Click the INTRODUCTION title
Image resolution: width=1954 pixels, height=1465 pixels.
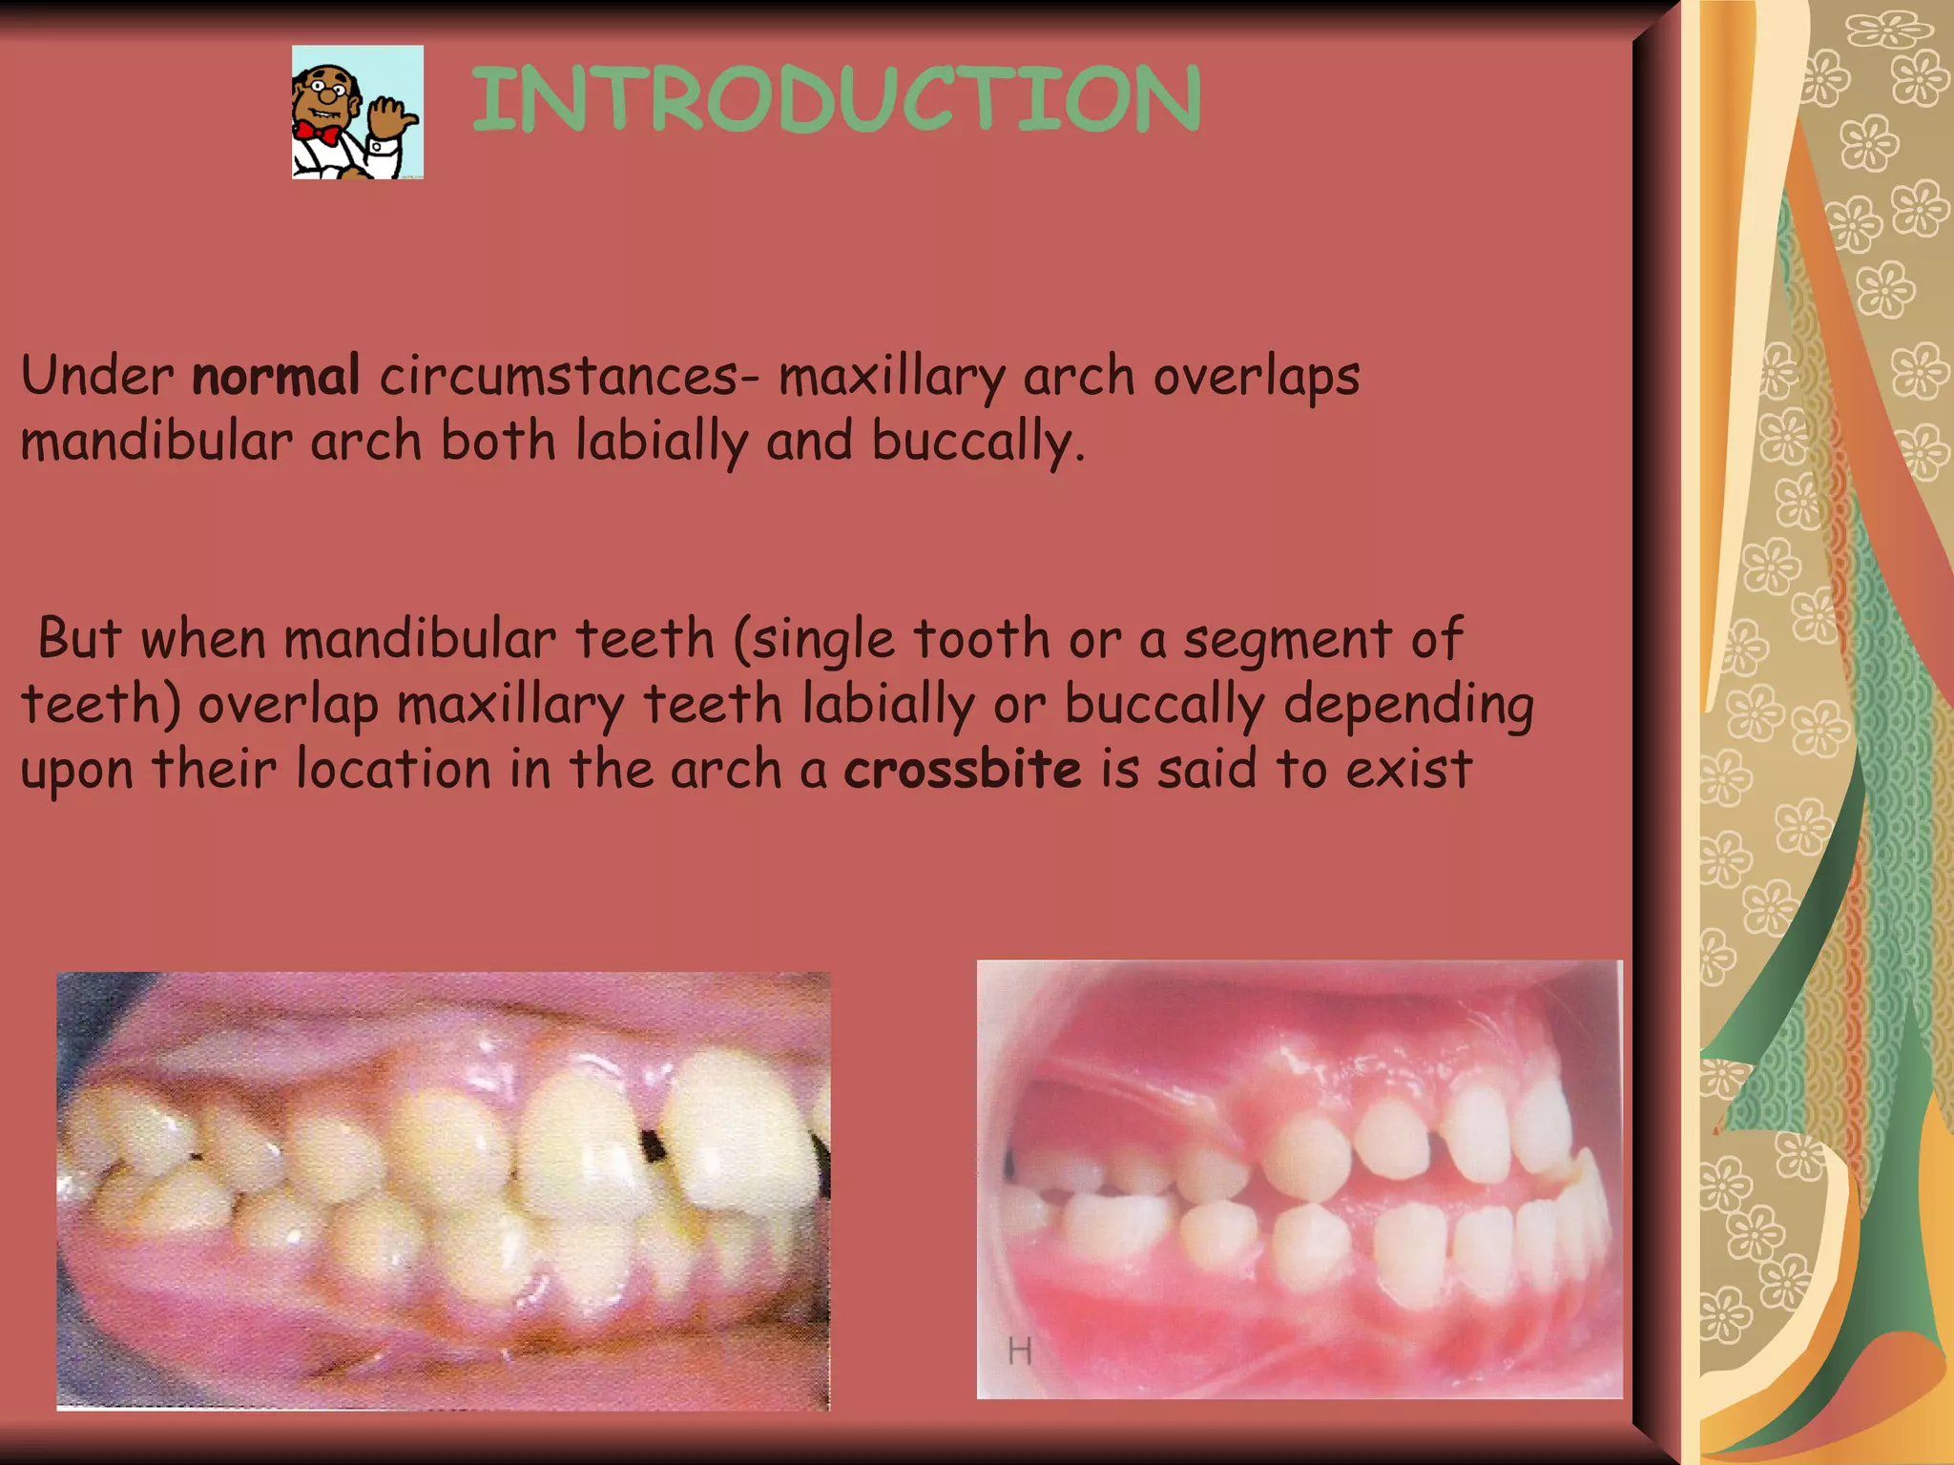837,99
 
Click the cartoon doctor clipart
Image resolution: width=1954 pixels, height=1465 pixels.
358,112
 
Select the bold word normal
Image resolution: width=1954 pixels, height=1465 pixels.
276,376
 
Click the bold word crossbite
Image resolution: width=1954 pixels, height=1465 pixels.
963,770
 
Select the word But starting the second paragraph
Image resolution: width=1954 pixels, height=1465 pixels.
79,638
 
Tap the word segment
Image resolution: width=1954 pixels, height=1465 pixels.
1286,640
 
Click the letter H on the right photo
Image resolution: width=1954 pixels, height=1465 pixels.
1019,1351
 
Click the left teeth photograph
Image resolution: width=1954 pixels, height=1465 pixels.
443,1190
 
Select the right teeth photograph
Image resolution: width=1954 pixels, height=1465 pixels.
1299,1179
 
